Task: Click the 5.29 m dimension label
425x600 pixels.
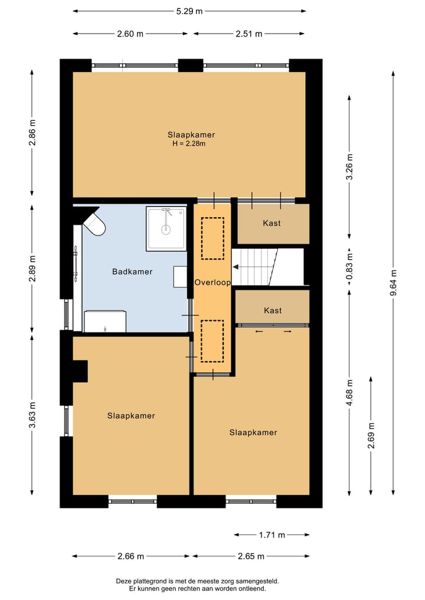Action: pos(189,11)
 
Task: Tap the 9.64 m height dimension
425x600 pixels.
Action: pos(394,283)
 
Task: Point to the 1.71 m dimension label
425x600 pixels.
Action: pos(272,535)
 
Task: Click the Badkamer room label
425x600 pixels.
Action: pos(132,272)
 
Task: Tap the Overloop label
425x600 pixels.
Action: pos(212,283)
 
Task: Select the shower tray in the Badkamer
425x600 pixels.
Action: pos(166,228)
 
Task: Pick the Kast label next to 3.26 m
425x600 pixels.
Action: pos(272,223)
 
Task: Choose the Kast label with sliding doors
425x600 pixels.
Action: pos(273,310)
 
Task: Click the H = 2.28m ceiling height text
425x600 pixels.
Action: pos(189,144)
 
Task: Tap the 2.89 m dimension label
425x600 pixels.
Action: pos(32,268)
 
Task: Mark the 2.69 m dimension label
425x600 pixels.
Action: pos(371,435)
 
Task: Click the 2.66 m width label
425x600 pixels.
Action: pos(130,556)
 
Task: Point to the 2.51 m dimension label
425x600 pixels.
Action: pos(249,34)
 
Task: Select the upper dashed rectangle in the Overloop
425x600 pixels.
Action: pos(213,238)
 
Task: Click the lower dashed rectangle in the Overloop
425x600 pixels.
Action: pos(212,341)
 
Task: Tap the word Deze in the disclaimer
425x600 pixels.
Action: pos(123,581)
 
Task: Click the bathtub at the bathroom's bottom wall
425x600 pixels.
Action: pos(105,322)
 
